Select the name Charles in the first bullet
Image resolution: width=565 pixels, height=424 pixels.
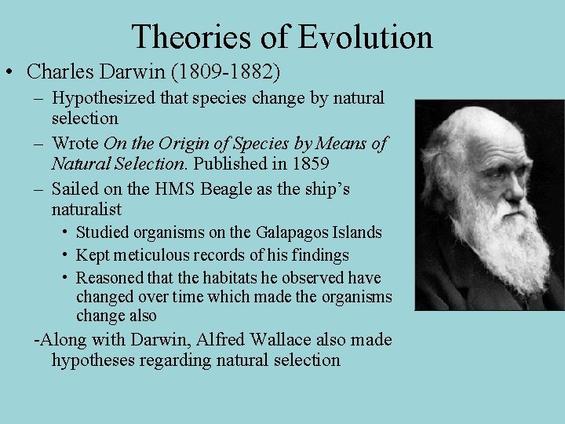[57, 72]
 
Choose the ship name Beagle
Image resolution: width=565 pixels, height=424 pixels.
[225, 189]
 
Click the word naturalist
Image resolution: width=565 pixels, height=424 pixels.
[86, 210]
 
